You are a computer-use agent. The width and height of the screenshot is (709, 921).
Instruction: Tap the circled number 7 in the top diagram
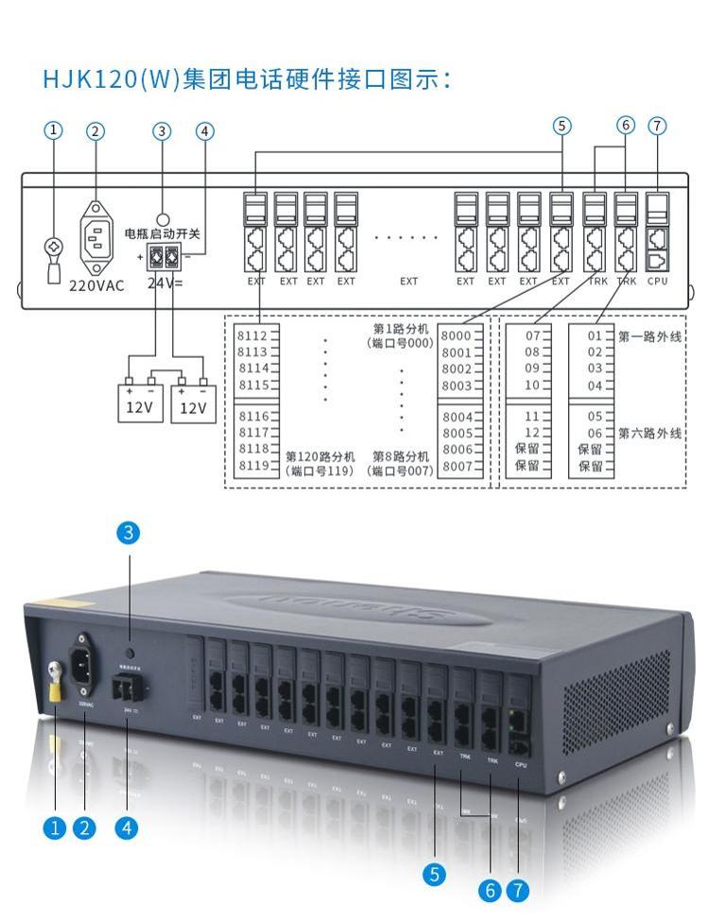point(657,126)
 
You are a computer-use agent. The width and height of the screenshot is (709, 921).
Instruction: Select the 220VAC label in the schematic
point(96,284)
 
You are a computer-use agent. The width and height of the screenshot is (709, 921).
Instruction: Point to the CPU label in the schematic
point(658,281)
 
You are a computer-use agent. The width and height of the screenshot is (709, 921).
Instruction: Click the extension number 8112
point(251,335)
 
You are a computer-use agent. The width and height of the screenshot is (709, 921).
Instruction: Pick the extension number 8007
point(457,466)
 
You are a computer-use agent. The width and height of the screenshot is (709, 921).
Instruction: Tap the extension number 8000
point(457,335)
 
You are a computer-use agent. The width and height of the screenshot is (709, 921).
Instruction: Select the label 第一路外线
point(650,335)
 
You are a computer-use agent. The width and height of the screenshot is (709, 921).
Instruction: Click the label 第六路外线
point(650,434)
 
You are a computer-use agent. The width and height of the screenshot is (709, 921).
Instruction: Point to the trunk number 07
point(532,335)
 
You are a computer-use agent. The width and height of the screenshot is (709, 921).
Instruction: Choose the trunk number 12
point(532,433)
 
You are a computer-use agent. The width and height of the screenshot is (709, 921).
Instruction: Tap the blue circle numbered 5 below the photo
point(434,874)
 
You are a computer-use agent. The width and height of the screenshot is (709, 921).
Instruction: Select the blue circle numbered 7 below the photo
point(517,890)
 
